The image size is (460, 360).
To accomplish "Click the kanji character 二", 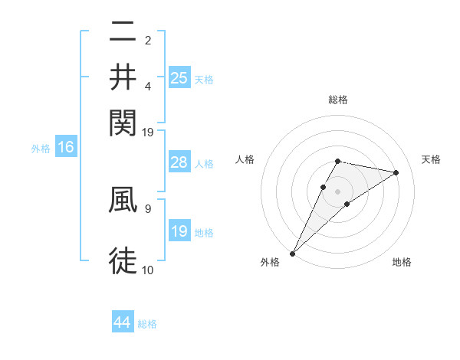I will click(x=123, y=33).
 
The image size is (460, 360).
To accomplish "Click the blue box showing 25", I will click(x=179, y=77).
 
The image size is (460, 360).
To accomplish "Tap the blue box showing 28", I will click(x=179, y=162).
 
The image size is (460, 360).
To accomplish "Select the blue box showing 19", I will click(x=179, y=231).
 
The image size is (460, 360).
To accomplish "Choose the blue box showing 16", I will click(x=65, y=147).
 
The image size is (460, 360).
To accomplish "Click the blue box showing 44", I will click(x=123, y=322).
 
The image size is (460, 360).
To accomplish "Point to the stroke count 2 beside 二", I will click(x=147, y=40).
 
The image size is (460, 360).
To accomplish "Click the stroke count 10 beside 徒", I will click(x=147, y=269).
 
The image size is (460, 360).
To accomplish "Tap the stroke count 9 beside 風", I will click(x=147, y=207).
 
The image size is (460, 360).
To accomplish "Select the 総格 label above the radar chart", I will click(x=337, y=100).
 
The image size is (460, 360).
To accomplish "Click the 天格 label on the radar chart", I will click(x=431, y=159).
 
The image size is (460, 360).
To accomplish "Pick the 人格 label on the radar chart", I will click(x=245, y=159).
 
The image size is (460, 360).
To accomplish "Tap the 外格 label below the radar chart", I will click(x=270, y=263).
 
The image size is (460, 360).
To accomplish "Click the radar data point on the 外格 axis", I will click(x=292, y=253).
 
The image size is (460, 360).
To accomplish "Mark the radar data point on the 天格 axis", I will click(x=396, y=173).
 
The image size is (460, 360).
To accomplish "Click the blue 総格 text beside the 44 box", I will click(x=147, y=324).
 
